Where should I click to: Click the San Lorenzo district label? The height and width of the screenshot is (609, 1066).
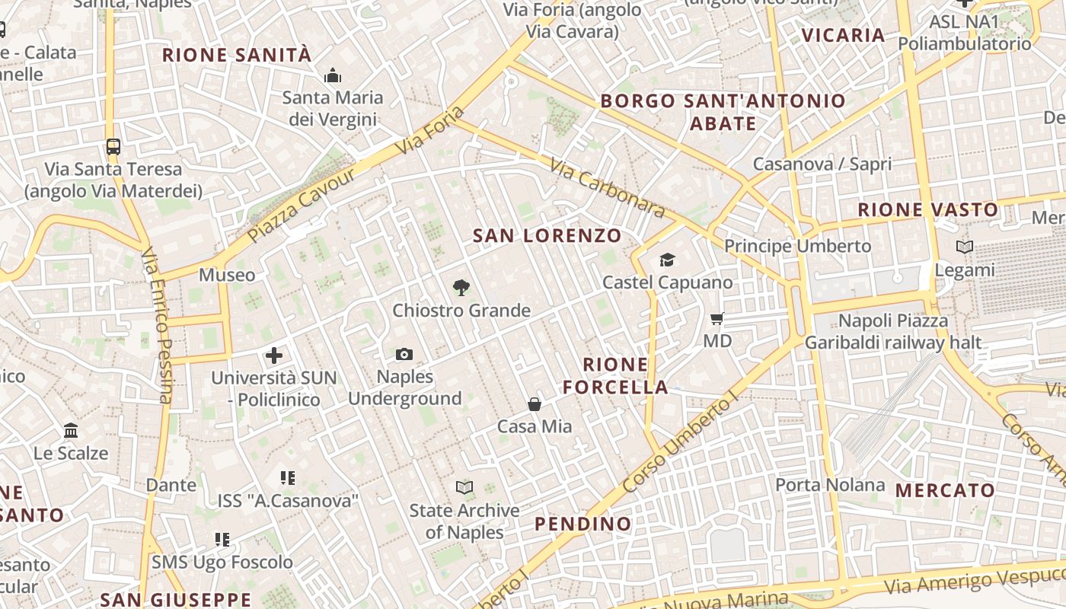pyautogui.click(x=547, y=236)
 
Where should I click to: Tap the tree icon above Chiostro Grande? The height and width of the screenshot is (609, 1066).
pyautogui.click(x=461, y=288)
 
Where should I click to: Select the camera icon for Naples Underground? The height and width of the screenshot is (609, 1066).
pyautogui.click(x=404, y=354)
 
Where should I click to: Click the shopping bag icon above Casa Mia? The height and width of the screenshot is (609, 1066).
pyautogui.click(x=535, y=404)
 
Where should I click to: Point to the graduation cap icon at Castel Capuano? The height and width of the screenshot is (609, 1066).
pyautogui.click(x=667, y=260)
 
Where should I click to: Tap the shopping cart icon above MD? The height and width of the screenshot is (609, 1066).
pyautogui.click(x=717, y=318)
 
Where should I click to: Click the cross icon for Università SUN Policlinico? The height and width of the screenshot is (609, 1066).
pyautogui.click(x=273, y=356)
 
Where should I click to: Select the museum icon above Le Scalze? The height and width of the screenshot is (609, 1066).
pyautogui.click(x=71, y=431)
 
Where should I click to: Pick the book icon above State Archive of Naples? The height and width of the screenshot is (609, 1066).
pyautogui.click(x=464, y=487)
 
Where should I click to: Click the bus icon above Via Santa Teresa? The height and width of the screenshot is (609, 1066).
pyautogui.click(x=113, y=147)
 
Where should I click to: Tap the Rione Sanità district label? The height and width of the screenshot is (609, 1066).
pyautogui.click(x=237, y=55)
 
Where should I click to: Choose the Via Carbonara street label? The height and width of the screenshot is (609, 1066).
pyautogui.click(x=607, y=188)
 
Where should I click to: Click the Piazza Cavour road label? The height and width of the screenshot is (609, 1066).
pyautogui.click(x=302, y=206)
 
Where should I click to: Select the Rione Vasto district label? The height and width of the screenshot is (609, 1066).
pyautogui.click(x=927, y=210)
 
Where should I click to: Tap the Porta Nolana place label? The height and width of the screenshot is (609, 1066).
pyautogui.click(x=830, y=485)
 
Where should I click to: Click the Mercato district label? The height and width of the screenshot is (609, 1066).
pyautogui.click(x=945, y=490)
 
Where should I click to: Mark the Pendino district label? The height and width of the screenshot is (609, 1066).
pyautogui.click(x=582, y=524)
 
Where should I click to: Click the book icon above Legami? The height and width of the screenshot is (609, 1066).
pyautogui.click(x=964, y=247)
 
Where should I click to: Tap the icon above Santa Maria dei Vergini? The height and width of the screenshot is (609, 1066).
pyautogui.click(x=333, y=76)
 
